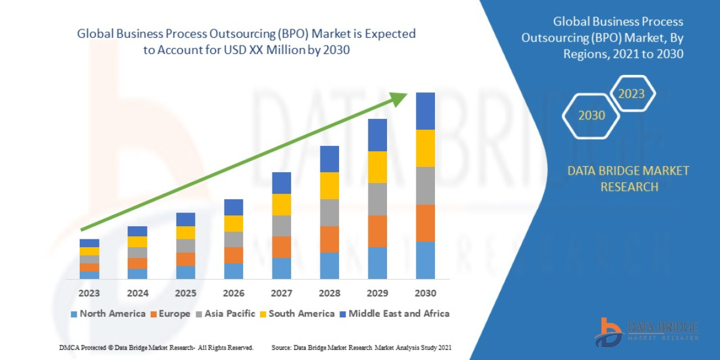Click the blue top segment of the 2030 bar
tap(425, 111)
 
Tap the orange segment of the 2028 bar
tap(329, 239)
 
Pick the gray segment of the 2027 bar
tap(281, 226)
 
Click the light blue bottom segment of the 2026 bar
tap(233, 271)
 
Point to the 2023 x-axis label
tap(89, 293)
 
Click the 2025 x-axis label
tap(185, 293)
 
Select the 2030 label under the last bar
tap(425, 293)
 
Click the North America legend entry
tap(108, 314)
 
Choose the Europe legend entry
tap(169, 314)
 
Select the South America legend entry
tap(296, 314)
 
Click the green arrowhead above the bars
tap(399, 99)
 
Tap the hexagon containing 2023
tap(631, 94)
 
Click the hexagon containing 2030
tap(592, 115)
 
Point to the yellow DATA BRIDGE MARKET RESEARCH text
tap(628, 179)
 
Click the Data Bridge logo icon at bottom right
tap(610, 332)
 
